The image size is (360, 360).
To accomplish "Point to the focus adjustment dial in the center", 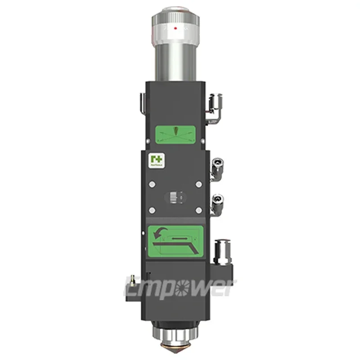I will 175,197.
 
